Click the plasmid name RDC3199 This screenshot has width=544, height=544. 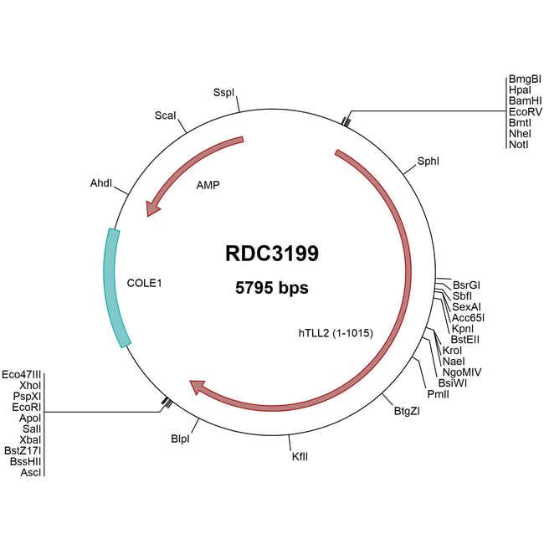[271, 254]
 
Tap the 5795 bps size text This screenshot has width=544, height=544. [271, 288]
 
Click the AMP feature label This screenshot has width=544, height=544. [208, 184]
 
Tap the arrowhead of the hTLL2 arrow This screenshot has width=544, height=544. [198, 387]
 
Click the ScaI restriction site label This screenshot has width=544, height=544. [165, 115]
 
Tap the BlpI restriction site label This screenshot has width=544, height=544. [181, 438]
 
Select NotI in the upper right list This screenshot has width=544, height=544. [518, 144]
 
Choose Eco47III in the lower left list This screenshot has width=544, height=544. [23, 374]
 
